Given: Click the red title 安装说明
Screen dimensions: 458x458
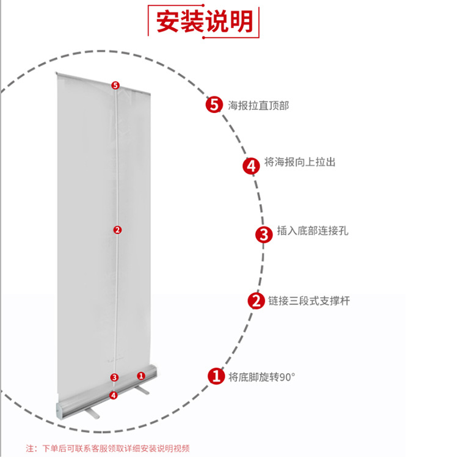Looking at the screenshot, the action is [x=204, y=21].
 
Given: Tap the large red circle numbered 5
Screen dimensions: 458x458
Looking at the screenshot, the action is [x=213, y=105].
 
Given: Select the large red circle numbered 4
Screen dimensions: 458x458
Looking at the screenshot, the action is [x=251, y=165].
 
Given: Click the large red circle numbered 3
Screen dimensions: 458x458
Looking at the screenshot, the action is [x=263, y=235].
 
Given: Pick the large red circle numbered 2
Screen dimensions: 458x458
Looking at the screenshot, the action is [x=256, y=301].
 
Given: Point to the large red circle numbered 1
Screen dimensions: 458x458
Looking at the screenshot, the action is [x=216, y=376].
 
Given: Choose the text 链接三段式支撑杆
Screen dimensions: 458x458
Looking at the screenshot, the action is [x=309, y=300].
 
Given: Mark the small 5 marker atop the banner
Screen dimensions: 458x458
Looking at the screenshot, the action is [x=115, y=85].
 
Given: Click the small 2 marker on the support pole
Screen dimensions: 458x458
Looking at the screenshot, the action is [x=117, y=230].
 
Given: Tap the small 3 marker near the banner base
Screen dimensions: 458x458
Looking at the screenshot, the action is [x=114, y=377].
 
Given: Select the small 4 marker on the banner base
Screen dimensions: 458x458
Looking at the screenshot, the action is [x=113, y=395].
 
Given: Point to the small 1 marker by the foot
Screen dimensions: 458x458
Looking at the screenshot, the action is [x=140, y=376].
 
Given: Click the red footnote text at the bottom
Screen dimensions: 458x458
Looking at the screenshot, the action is [x=107, y=448].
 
